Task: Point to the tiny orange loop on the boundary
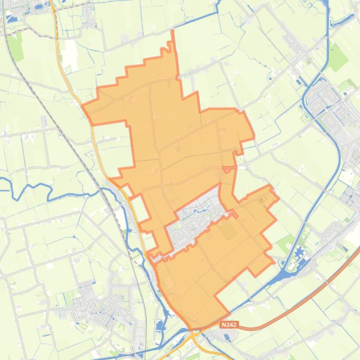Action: (x=228, y=169)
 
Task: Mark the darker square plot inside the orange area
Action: (x=228, y=230)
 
